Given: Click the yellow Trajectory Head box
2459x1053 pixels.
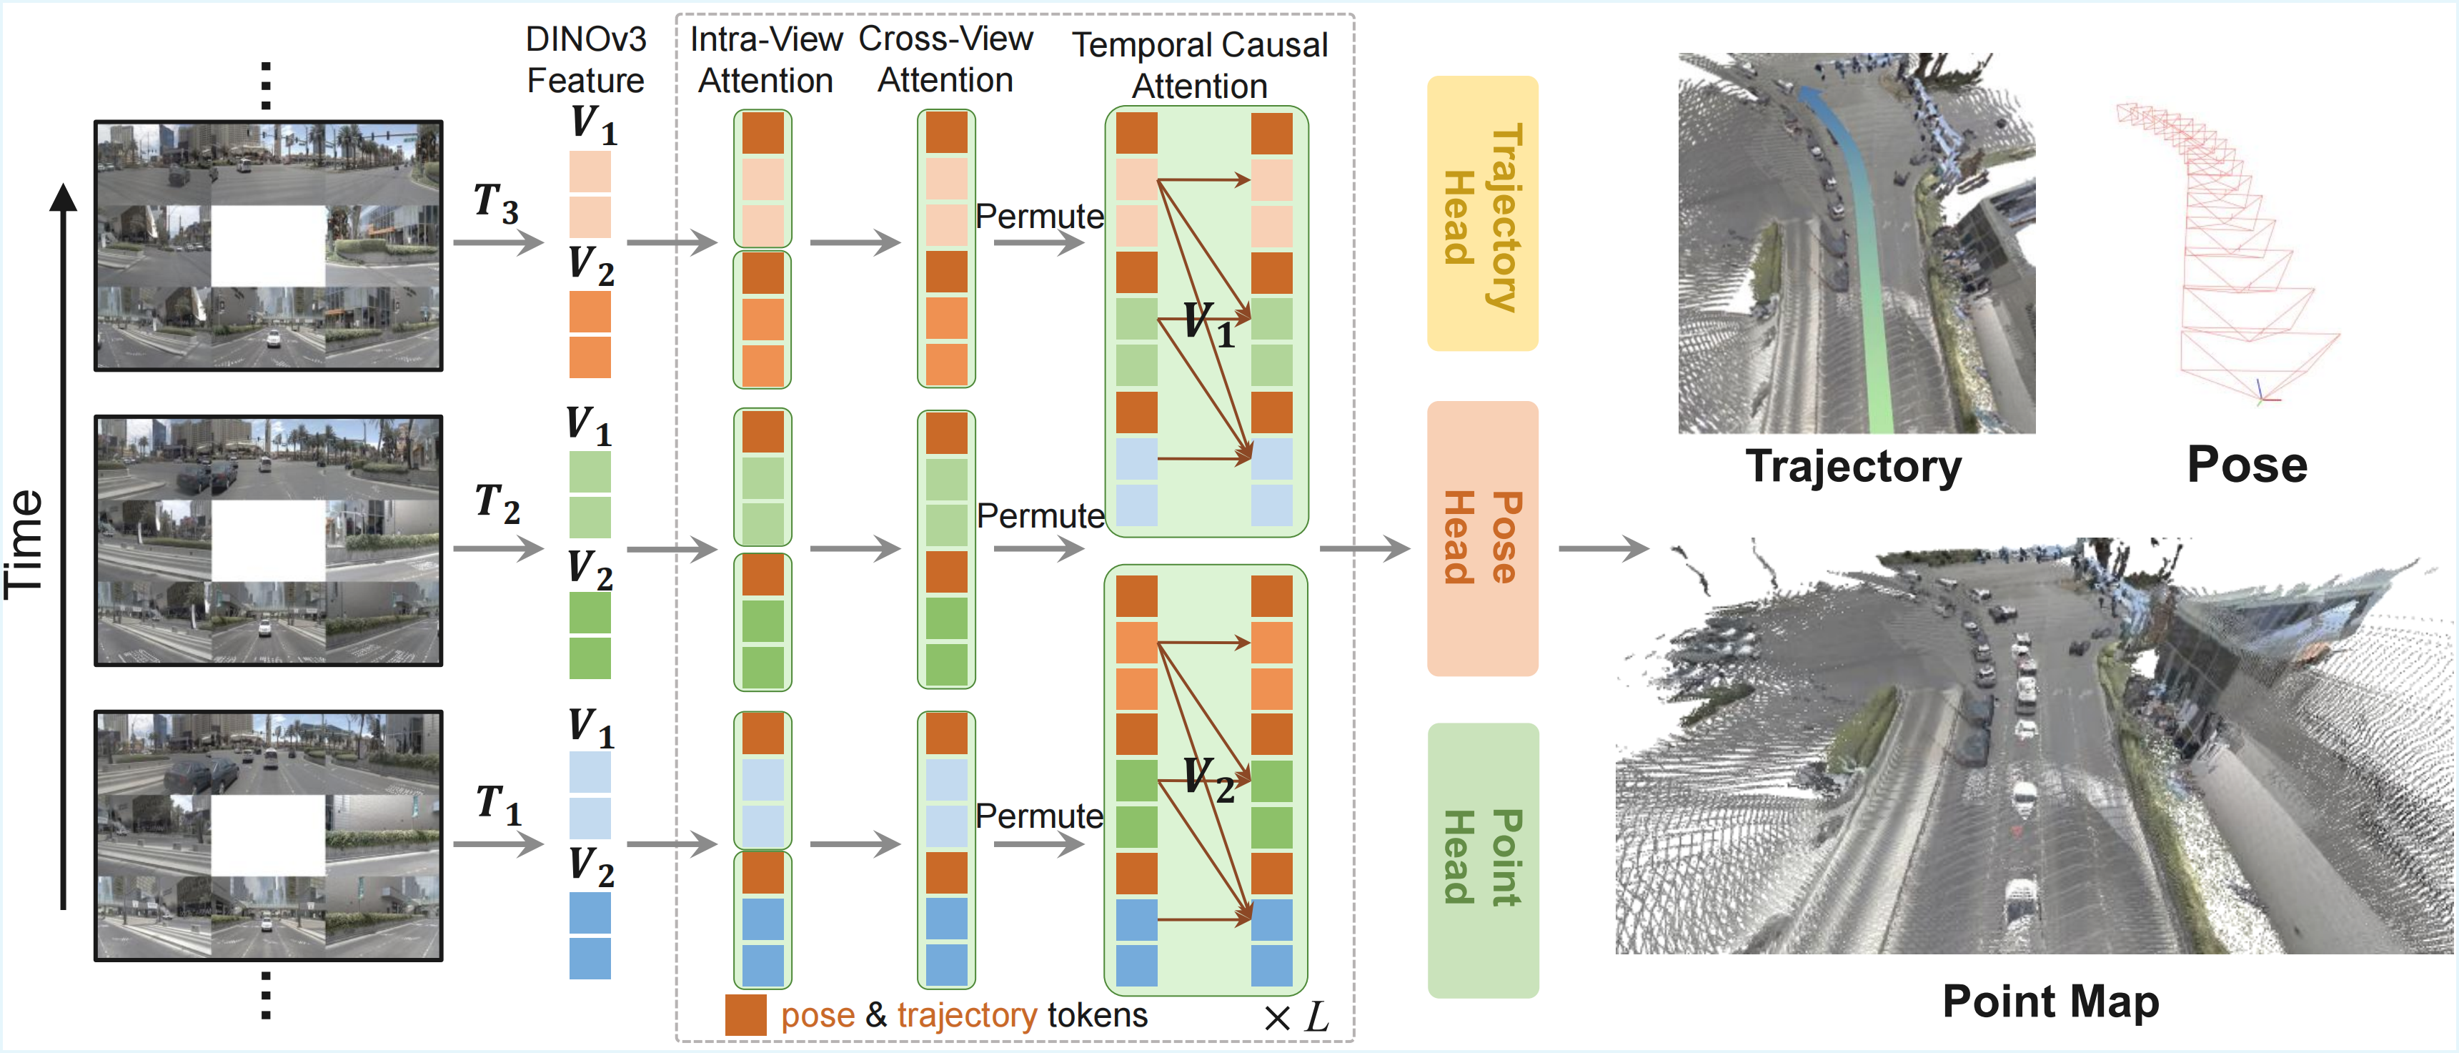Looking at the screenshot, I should [1481, 214].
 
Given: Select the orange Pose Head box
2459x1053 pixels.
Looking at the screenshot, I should [1481, 538].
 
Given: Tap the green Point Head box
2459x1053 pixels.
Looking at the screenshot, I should [1481, 859].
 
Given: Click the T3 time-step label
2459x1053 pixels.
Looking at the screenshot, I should [497, 203].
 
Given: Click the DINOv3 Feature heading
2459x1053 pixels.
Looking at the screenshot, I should [585, 59].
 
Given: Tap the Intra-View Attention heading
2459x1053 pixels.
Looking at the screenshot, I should [765, 59].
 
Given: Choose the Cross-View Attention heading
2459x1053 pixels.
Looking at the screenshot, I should [945, 59].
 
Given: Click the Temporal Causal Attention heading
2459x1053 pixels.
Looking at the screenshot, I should [1199, 65].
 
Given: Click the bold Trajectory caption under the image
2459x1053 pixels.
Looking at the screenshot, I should [1853, 467].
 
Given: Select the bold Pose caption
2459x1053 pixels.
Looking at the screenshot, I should [2246, 465].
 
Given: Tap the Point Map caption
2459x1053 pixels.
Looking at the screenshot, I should [2050, 1002].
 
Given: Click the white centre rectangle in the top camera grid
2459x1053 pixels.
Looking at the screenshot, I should [268, 245].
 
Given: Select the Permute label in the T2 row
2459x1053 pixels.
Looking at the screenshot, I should [1040, 515].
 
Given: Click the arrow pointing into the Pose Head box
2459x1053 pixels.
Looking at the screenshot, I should [1364, 548].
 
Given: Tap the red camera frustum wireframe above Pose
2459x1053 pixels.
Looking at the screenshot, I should [2224, 248].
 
